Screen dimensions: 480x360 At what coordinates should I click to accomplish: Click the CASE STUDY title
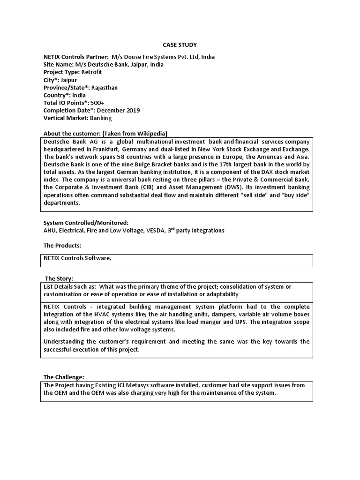point(180,45)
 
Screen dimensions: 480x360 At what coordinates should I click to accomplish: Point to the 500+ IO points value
point(97,103)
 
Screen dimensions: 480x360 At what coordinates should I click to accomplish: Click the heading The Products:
point(62,246)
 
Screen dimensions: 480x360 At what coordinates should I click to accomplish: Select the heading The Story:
point(60,279)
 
